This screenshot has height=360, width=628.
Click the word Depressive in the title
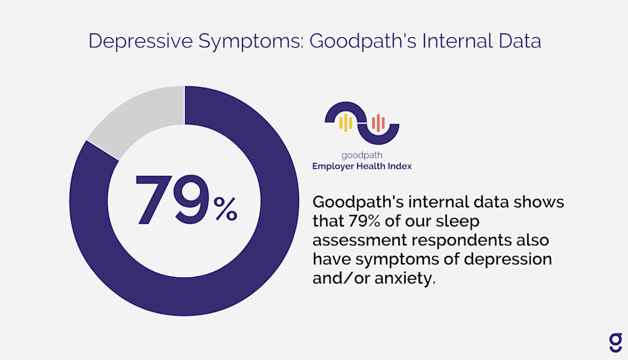(x=137, y=41)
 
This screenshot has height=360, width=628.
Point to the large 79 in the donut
(x=171, y=200)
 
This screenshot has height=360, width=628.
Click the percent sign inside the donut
(x=225, y=209)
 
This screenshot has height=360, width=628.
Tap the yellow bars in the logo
(x=346, y=122)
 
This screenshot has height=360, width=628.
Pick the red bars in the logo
(x=377, y=122)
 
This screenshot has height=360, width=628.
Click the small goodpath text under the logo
(x=362, y=156)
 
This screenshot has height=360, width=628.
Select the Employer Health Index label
(x=362, y=166)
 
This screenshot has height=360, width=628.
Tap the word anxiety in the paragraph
(x=403, y=278)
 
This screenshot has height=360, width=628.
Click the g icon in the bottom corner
(x=615, y=342)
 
